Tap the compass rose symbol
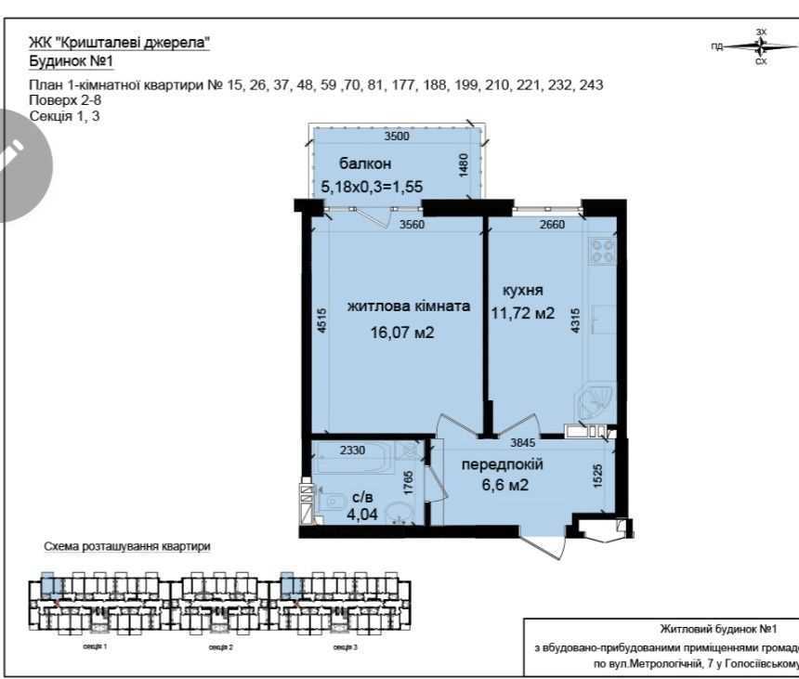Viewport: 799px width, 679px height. click(x=761, y=46)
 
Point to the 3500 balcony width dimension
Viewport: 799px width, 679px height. click(x=397, y=137)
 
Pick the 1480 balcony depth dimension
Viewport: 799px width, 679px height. click(x=464, y=164)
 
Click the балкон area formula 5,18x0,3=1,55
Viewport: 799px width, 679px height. click(x=372, y=186)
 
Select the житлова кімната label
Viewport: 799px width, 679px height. click(x=409, y=306)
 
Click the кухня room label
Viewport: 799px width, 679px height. click(x=522, y=289)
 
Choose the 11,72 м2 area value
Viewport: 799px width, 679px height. click(x=522, y=313)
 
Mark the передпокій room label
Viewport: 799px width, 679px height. click(x=503, y=464)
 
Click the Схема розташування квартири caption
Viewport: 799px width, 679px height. click(x=127, y=547)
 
